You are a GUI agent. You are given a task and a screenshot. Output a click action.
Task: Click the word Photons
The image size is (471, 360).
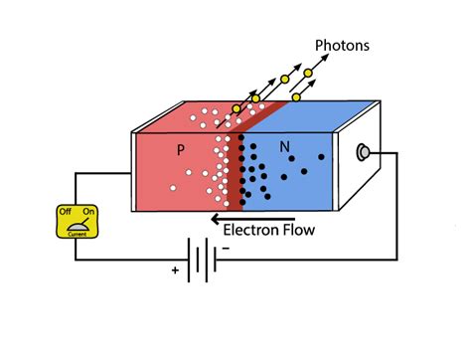[x=343, y=44]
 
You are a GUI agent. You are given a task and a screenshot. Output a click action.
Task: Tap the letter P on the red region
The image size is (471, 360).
[x=181, y=150]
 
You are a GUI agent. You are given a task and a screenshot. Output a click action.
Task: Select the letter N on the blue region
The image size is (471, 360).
[x=285, y=147]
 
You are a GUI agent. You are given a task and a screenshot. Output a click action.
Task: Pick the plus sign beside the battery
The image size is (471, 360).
[x=174, y=270]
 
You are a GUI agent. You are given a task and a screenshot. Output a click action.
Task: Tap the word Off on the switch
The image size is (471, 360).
[x=65, y=212]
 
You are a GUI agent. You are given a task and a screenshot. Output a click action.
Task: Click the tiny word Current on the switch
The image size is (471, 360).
[x=76, y=237]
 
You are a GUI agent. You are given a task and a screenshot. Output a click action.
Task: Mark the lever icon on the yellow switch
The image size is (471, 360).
[x=76, y=225]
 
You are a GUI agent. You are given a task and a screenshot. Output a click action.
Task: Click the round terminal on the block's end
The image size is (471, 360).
[x=362, y=152]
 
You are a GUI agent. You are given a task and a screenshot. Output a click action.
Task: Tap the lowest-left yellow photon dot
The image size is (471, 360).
[x=236, y=108]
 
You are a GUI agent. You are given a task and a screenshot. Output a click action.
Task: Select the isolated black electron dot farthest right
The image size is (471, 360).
[x=321, y=157]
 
